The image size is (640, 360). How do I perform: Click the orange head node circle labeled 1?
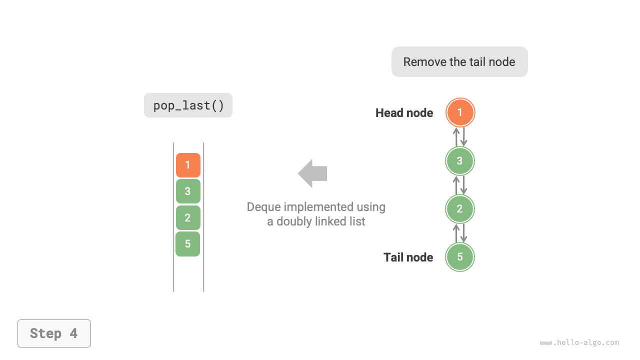(x=460, y=112)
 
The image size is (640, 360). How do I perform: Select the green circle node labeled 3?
(x=460, y=161)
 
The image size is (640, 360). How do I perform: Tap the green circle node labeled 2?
(x=460, y=209)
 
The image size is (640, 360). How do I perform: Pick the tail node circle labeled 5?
(x=460, y=257)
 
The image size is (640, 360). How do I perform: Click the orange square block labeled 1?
(x=188, y=165)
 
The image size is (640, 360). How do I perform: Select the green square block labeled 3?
(x=188, y=191)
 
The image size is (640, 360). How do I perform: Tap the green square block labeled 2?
(x=188, y=217)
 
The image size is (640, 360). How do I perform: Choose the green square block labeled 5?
(x=188, y=244)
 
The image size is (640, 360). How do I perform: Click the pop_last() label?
(x=188, y=105)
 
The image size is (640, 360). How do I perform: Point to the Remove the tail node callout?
(x=459, y=62)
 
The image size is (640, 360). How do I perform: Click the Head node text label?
(x=404, y=113)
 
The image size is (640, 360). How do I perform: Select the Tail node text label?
(x=408, y=257)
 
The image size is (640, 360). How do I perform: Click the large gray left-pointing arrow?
(x=312, y=173)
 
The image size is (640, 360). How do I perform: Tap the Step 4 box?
(x=54, y=333)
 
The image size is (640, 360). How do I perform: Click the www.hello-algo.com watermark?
(x=579, y=343)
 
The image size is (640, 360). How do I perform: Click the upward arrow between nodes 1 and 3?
(x=456, y=137)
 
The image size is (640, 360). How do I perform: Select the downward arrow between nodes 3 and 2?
(x=464, y=185)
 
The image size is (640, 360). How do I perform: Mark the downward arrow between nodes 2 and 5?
(x=464, y=233)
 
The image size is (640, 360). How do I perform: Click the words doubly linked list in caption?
(x=321, y=221)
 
